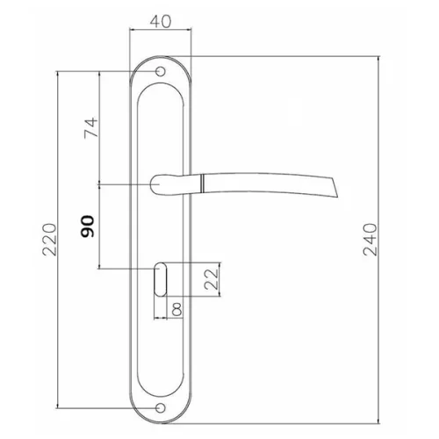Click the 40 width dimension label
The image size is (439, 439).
pyautogui.click(x=161, y=21)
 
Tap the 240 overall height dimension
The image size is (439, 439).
pyautogui.click(x=370, y=240)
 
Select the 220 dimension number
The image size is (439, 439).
pyautogui.click(x=49, y=240)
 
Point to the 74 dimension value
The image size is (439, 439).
pyautogui.click(x=90, y=127)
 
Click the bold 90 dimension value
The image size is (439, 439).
pyautogui.click(x=88, y=227)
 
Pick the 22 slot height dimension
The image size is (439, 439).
pyautogui.click(x=212, y=279)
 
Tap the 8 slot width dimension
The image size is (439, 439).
pyautogui.click(x=176, y=309)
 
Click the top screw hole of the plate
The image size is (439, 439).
pyautogui.click(x=161, y=71)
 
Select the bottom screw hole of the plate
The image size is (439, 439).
pyautogui.click(x=161, y=407)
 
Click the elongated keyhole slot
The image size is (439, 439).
pyautogui.click(x=161, y=279)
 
